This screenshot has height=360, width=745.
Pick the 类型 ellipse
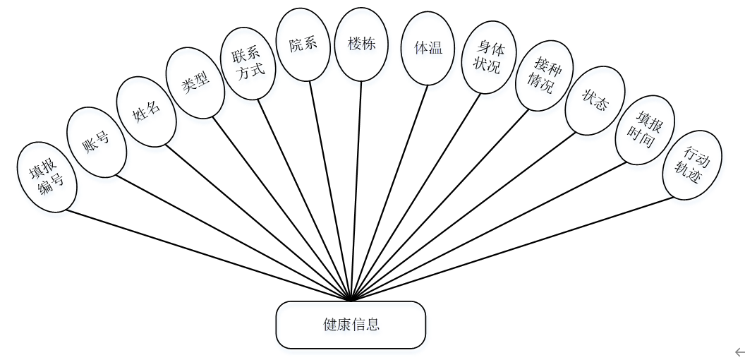(195, 83)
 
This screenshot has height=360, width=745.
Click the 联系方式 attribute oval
(251, 64)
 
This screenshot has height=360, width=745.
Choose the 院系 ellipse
(303, 44)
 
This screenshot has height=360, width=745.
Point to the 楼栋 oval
(362, 44)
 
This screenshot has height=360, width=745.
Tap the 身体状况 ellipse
(487, 57)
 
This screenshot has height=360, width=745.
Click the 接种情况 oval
(540, 76)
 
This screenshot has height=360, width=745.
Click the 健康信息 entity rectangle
(351, 325)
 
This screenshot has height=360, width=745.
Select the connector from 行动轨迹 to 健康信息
(515, 247)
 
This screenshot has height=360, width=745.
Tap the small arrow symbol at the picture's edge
(739, 351)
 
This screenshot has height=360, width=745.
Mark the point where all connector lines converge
(351, 299)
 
